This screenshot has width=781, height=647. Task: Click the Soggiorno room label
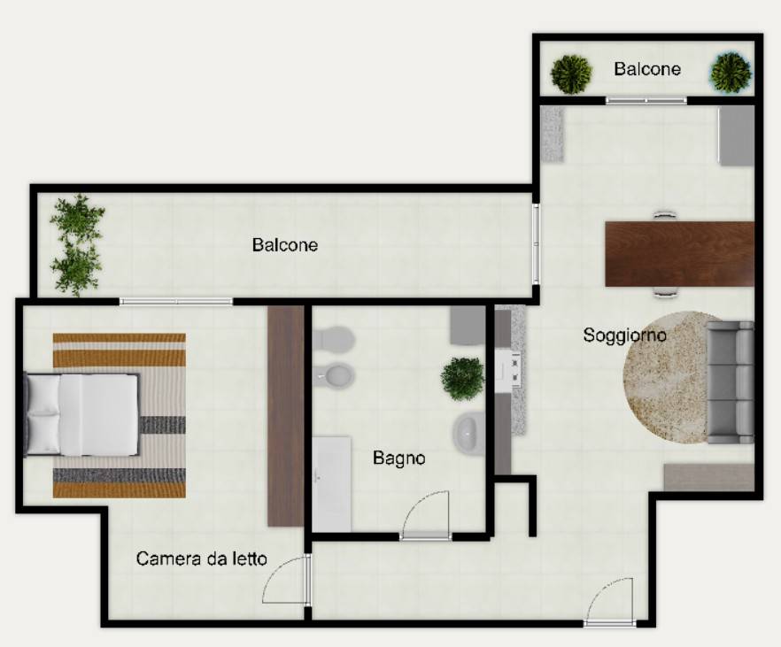point(624,335)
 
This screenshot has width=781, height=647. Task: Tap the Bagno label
point(399,458)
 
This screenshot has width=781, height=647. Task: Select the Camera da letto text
point(201,558)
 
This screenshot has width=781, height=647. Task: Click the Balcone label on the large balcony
point(285,244)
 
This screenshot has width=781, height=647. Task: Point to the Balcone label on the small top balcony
point(647,69)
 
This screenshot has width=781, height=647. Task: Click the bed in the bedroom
point(81,414)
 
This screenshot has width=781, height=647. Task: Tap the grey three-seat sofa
point(731,382)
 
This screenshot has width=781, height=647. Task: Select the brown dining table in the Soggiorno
point(679,254)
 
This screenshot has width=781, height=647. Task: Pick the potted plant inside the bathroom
point(463,379)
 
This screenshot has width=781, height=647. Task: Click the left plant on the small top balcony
point(571,73)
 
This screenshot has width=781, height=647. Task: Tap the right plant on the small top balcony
point(731,73)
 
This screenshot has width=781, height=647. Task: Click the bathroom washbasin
point(468,434)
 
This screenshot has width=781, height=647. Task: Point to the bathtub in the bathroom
point(331,484)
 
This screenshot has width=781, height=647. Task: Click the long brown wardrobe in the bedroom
point(285,416)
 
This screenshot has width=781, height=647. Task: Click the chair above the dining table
point(665,215)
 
